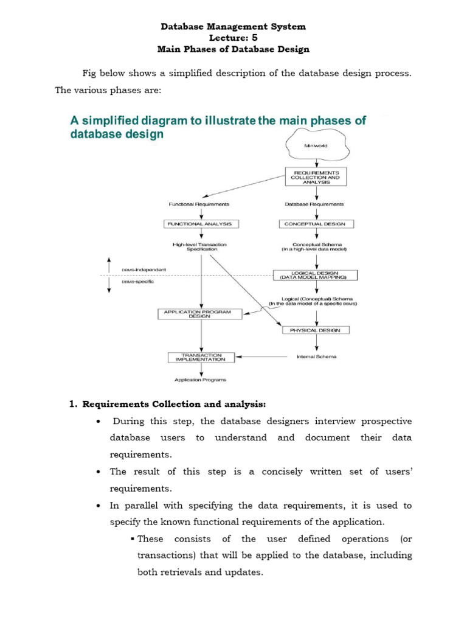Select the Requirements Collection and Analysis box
click(x=316, y=176)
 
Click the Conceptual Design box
click(x=316, y=224)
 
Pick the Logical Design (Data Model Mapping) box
click(x=315, y=275)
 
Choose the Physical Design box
click(x=316, y=330)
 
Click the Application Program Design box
click(x=199, y=314)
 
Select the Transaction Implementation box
click(x=201, y=357)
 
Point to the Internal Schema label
click(x=316, y=357)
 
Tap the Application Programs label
click(x=201, y=380)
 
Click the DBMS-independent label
click(x=144, y=269)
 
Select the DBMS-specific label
click(x=137, y=282)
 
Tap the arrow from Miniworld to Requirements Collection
click(x=315, y=161)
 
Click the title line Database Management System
click(x=233, y=27)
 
